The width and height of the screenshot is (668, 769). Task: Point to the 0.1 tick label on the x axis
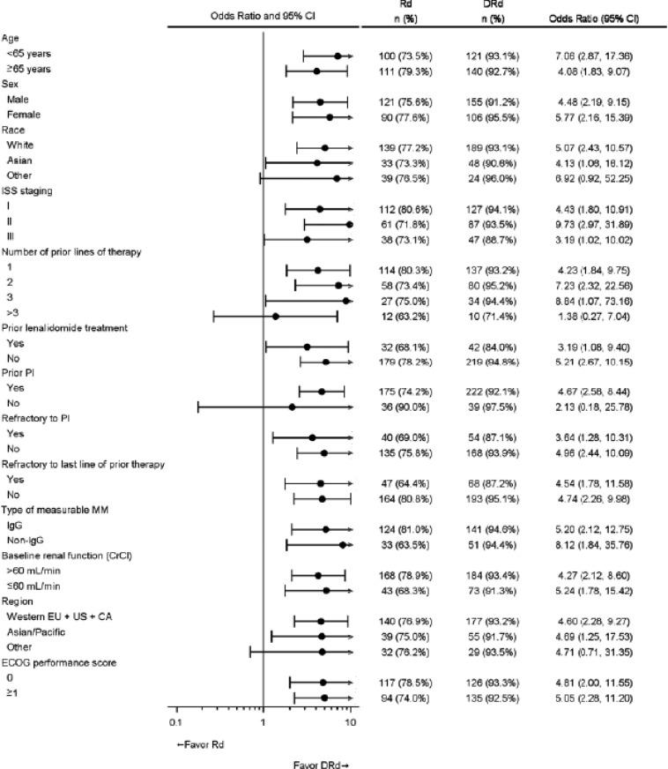tap(175, 722)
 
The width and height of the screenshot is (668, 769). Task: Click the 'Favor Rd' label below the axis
tap(200, 744)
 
